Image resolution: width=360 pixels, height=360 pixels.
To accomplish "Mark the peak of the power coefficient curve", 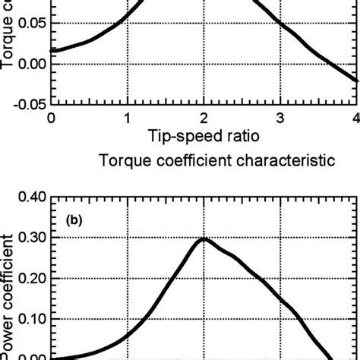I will (x=204, y=239).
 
